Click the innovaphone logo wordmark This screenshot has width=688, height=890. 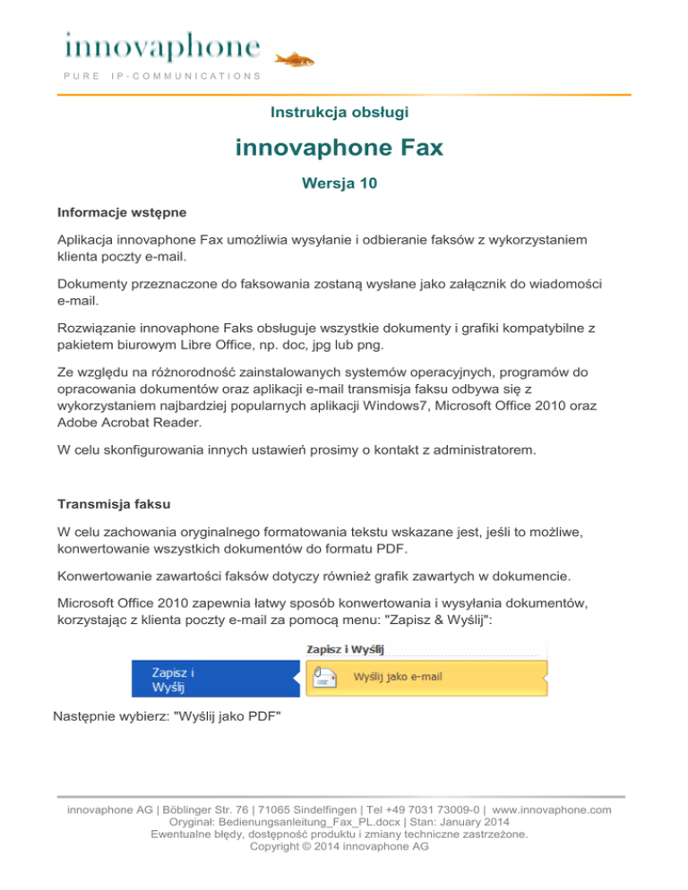162,45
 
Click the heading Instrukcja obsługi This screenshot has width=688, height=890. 340,112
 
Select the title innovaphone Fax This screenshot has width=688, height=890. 340,147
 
